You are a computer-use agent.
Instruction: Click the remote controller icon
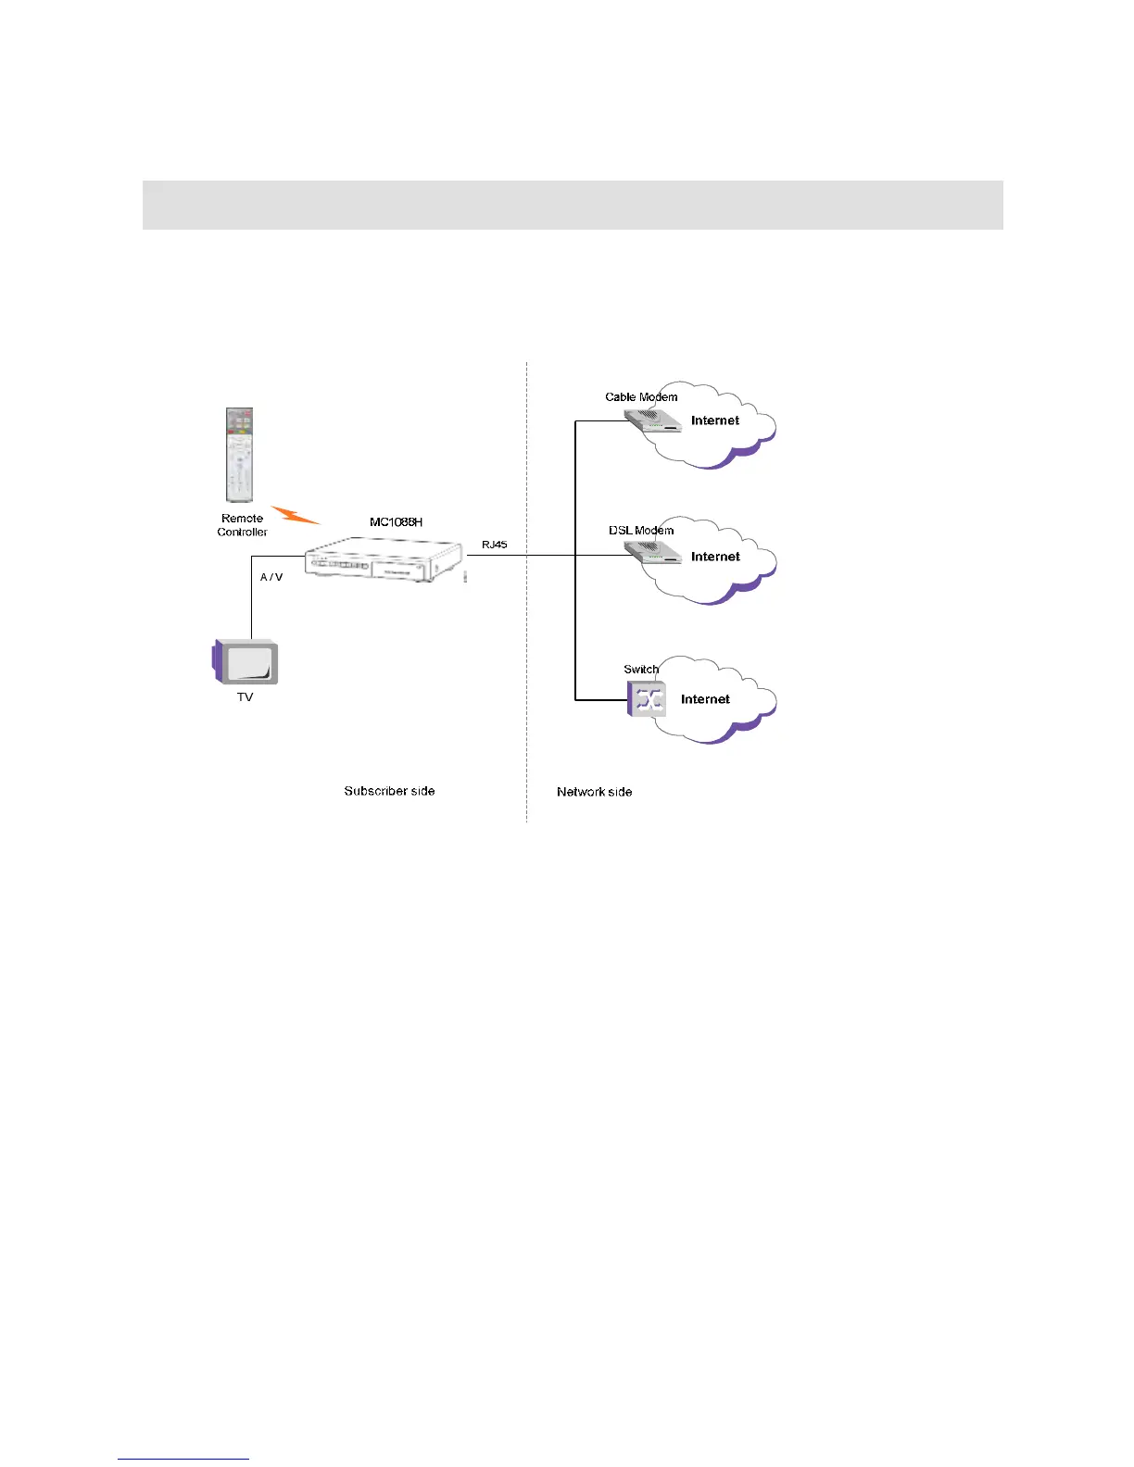tap(240, 455)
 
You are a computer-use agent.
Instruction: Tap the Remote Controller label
tap(243, 525)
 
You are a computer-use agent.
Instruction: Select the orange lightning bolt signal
tap(295, 514)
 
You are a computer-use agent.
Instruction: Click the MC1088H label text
tap(396, 522)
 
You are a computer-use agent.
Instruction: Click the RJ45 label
tap(494, 545)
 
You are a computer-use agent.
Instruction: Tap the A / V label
tap(271, 577)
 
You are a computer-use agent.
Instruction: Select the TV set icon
tap(246, 661)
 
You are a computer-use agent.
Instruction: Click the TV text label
tap(245, 697)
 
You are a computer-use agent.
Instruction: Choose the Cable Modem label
tap(641, 397)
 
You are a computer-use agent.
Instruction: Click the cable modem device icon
tap(653, 422)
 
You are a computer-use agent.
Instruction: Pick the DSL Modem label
tap(641, 531)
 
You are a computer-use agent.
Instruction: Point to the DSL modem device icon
tap(653, 555)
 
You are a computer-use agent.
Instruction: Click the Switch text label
tap(640, 669)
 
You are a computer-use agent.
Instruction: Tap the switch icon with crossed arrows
tap(647, 698)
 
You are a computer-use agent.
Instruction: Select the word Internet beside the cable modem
tap(715, 420)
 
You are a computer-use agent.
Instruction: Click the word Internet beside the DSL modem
tap(715, 557)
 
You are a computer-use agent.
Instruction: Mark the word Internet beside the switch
tap(705, 699)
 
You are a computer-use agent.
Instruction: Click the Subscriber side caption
tap(389, 791)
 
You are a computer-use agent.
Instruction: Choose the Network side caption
tap(594, 792)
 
